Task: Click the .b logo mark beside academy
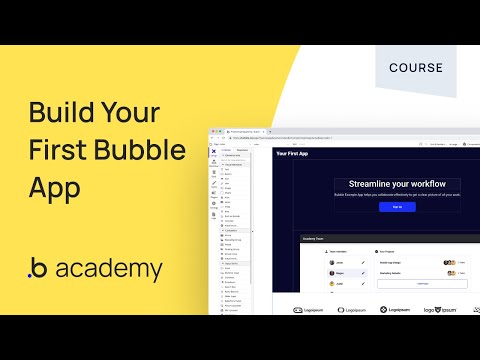click(37, 270)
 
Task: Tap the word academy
click(110, 269)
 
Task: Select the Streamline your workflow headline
click(397, 183)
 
